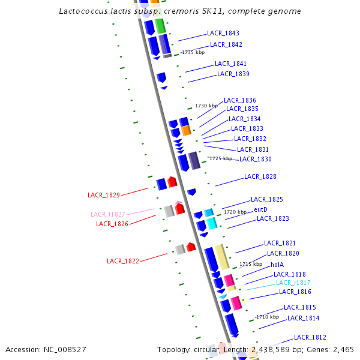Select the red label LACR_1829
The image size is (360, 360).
click(104, 195)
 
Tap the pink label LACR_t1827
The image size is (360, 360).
click(108, 214)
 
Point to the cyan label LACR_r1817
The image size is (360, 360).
click(293, 283)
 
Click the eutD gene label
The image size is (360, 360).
click(260, 209)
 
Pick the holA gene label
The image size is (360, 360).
click(277, 264)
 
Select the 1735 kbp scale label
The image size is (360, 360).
click(193, 53)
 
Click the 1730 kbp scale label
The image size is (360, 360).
click(206, 106)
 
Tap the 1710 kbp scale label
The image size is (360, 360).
click(267, 317)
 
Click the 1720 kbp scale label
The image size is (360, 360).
click(235, 212)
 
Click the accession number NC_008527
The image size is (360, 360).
click(62, 349)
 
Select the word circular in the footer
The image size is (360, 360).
click(205, 349)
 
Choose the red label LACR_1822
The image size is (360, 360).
click(123, 261)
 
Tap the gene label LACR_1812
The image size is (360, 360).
click(310, 337)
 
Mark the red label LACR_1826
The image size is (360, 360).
click(112, 224)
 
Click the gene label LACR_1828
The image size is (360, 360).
click(260, 176)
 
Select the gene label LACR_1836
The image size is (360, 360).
click(240, 100)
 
